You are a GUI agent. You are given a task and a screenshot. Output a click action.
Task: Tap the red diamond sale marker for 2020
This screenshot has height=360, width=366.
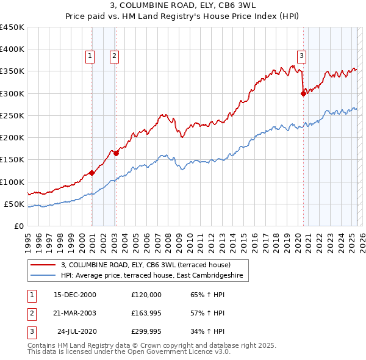[x=303, y=93]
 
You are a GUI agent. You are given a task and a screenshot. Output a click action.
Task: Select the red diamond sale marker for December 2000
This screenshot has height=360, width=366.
[x=92, y=173]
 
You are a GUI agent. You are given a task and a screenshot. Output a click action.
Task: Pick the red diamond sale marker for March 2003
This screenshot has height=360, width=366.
[x=116, y=153]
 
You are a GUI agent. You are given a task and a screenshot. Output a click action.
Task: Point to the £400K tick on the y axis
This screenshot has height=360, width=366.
[x=12, y=49]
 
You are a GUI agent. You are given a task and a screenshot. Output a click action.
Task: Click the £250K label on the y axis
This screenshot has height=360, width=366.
[x=12, y=115]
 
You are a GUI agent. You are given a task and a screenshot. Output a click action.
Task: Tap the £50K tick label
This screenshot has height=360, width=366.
[x=15, y=204]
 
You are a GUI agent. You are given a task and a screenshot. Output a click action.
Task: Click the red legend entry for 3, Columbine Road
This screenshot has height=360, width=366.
[x=145, y=265]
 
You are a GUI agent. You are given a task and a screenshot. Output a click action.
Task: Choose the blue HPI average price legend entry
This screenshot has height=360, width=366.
[x=151, y=276]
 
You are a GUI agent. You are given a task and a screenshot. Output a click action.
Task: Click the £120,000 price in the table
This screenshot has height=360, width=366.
[x=146, y=295]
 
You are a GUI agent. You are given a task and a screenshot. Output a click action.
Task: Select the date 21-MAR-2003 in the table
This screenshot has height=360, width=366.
[x=75, y=313]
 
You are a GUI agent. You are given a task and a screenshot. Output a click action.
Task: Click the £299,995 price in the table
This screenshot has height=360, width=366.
[x=146, y=332]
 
